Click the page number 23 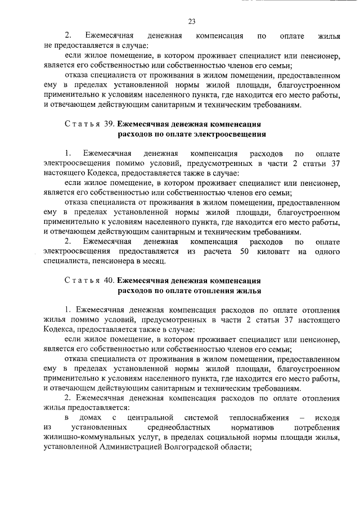point(192,21)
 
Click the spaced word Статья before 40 point(81,280)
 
